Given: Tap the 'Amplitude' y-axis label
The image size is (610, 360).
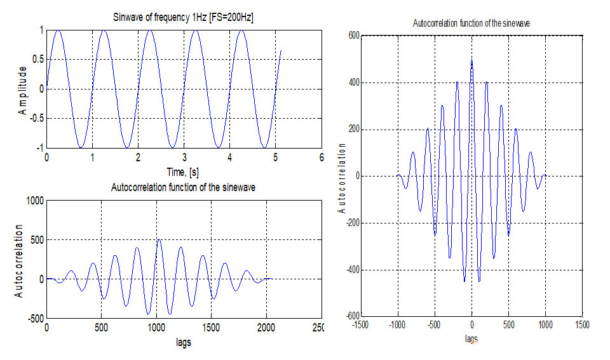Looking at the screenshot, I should [x=23, y=89].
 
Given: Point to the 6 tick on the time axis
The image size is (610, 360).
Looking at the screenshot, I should [x=322, y=157].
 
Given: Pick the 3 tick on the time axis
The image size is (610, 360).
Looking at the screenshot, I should [x=184, y=157].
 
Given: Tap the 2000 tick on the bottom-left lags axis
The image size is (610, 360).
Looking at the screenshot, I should [x=267, y=328].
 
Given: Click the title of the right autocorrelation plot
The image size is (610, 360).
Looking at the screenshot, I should [x=471, y=23].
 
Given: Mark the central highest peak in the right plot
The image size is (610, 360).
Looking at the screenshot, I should [x=471, y=59].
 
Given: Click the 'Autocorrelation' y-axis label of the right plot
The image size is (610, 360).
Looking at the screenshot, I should [x=342, y=177].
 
